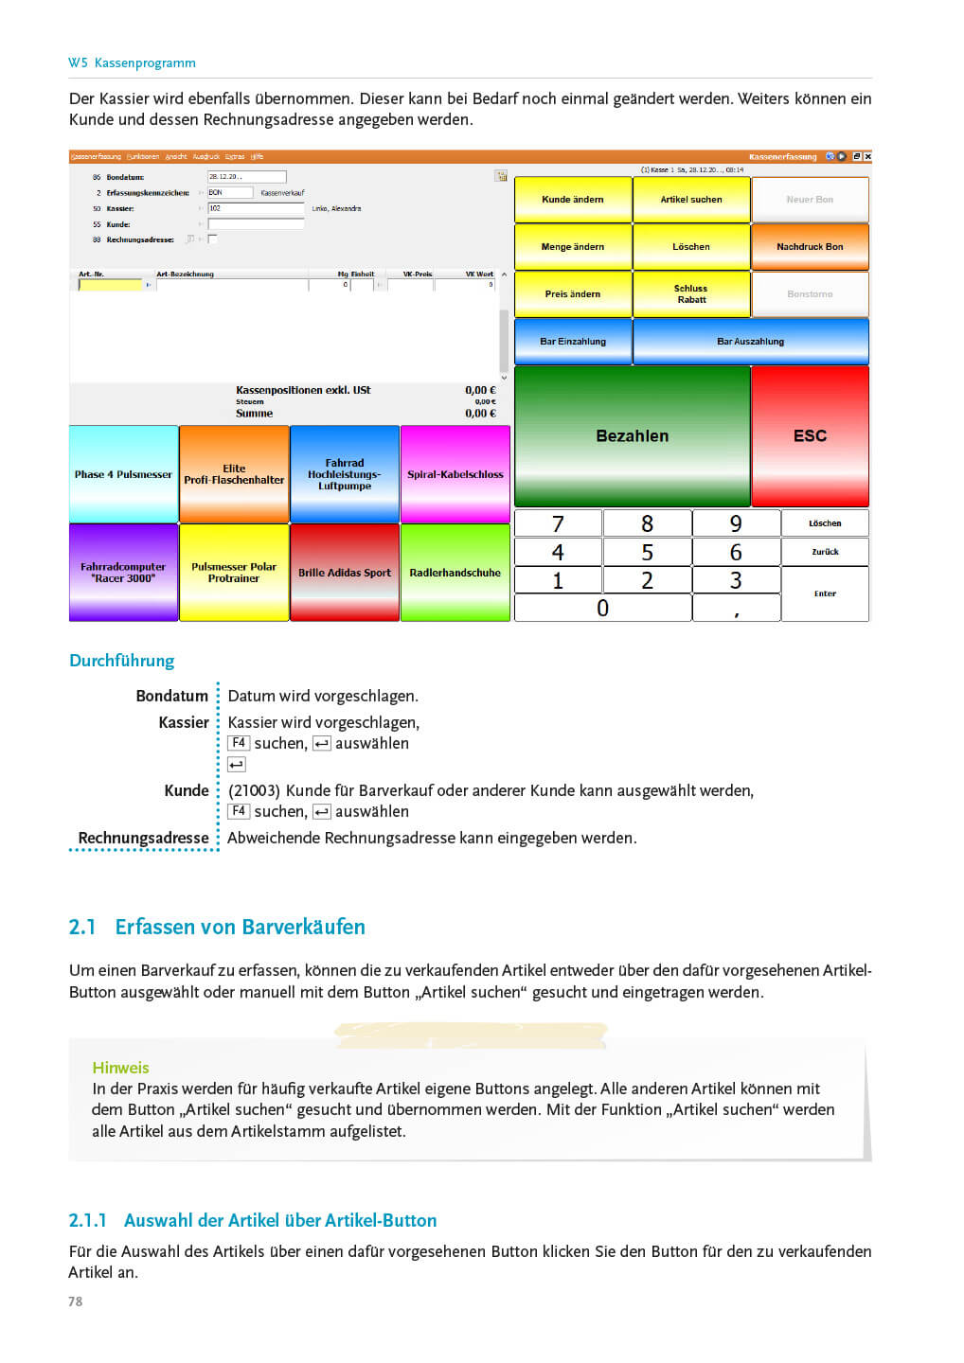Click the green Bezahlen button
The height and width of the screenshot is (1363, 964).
632,436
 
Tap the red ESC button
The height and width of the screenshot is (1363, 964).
810,436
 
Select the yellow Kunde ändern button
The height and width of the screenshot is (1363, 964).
572,200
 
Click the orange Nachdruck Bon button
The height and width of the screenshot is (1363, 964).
810,247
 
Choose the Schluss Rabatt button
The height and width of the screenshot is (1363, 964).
691,294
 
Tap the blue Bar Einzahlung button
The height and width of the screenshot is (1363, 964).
572,342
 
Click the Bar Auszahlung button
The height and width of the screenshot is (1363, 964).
750,342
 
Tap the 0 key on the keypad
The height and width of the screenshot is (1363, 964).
602,609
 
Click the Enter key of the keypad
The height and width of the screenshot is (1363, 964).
825,593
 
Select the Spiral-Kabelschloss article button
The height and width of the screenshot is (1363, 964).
455,474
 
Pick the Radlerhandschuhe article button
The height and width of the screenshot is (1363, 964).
455,573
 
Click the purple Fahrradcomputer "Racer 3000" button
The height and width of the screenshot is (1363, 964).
123,573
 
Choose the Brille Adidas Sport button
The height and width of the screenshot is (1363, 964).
345,573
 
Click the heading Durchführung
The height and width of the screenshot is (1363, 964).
122,661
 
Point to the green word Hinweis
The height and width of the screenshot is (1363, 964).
120,1068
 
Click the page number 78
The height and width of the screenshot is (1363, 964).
76,1301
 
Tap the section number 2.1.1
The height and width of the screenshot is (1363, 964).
87,1220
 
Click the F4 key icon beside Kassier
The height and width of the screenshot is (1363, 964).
239,743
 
